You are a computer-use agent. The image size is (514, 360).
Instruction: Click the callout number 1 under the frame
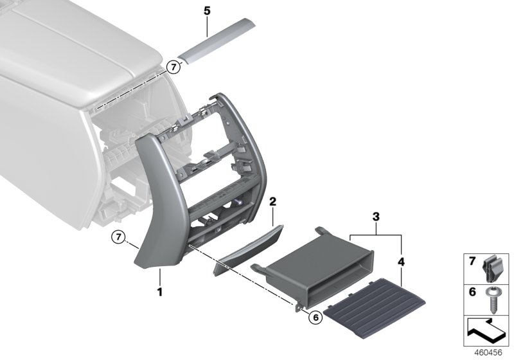(160, 291)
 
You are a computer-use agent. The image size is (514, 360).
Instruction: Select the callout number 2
(272, 202)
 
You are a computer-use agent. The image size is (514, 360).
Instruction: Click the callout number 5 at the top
(207, 12)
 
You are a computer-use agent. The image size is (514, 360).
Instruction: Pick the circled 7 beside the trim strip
(172, 66)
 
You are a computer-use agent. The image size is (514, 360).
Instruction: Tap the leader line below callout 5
(207, 27)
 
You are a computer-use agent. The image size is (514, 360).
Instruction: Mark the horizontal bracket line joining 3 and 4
(376, 235)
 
